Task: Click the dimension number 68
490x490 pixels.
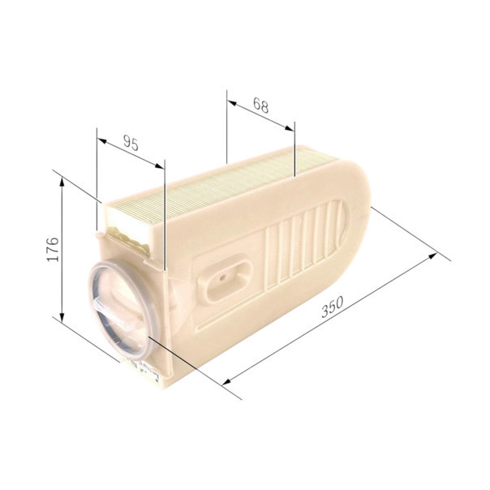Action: [x=260, y=105]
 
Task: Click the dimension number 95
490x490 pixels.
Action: [x=131, y=143]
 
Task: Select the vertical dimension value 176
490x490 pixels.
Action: [x=53, y=249]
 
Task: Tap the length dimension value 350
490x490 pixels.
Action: [x=333, y=307]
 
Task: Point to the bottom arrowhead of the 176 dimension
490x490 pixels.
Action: [x=62, y=316]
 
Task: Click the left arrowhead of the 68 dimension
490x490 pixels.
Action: [x=232, y=103]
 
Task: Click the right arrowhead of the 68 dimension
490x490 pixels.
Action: [x=290, y=128]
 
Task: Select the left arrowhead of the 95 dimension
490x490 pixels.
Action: [x=102, y=140]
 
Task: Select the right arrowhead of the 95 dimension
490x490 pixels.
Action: [x=159, y=166]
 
